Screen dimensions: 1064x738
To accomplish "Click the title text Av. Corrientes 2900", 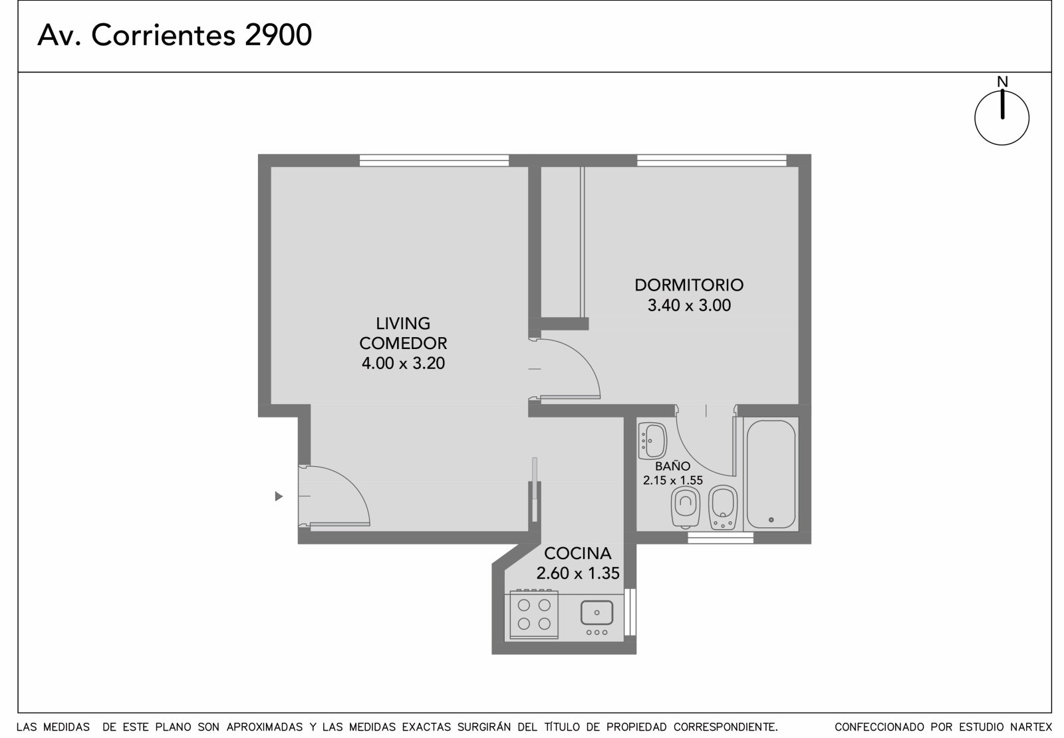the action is [x=174, y=35].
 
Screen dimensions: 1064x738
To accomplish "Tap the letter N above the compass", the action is [x=1002, y=82].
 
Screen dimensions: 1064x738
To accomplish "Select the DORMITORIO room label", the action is [x=689, y=285].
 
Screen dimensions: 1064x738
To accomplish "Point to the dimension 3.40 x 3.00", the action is [x=689, y=305].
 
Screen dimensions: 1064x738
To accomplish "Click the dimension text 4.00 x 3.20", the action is [x=403, y=363].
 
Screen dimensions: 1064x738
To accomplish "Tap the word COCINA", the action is [x=578, y=553].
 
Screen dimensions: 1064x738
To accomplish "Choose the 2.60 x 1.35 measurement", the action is [x=578, y=573].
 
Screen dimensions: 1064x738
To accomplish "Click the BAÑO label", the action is [x=672, y=466].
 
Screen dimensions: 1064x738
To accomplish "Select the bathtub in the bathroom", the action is [x=771, y=474].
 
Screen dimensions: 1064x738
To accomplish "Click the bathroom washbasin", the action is [x=652, y=441].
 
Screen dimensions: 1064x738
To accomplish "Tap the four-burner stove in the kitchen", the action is [x=534, y=614].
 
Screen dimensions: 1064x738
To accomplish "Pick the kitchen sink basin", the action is [x=597, y=612].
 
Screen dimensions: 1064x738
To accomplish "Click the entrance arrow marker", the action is [x=279, y=496].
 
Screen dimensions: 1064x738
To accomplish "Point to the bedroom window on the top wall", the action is [x=712, y=160].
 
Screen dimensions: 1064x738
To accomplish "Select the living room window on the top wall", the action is [x=434, y=160].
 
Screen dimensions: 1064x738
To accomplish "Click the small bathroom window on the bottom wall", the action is [x=721, y=538].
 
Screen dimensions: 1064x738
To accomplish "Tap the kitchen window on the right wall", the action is [x=630, y=612].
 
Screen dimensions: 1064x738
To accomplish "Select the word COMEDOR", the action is [x=403, y=343].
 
